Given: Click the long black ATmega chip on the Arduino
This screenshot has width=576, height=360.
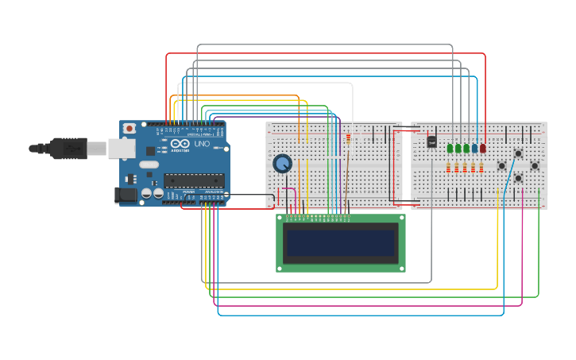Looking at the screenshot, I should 194,180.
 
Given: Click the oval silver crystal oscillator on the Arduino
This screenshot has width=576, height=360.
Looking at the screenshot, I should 149,165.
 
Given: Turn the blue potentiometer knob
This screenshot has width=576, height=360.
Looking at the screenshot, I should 282,164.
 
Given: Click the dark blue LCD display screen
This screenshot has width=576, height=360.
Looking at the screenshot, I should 341,243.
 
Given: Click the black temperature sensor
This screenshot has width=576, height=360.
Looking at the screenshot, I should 431,141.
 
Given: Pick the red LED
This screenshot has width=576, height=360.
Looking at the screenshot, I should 482,148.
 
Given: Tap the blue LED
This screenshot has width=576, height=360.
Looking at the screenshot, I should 474,148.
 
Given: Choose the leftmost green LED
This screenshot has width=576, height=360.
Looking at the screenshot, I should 450,148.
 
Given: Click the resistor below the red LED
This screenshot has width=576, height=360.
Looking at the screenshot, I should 482,168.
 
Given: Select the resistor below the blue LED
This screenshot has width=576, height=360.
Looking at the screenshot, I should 474,168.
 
